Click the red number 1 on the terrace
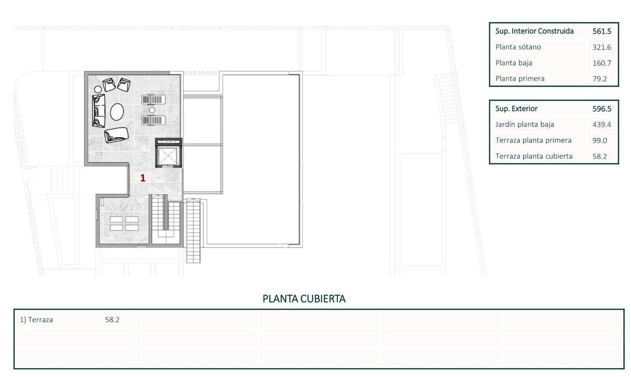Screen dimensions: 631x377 click(x=143, y=178)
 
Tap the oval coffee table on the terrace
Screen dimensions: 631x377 click(x=117, y=112)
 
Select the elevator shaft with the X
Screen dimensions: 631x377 click(x=168, y=156)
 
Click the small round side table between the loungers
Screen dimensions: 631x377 click(x=152, y=110)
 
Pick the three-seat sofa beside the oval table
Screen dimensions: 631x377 click(x=99, y=110)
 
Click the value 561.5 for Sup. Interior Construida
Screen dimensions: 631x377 click(x=602, y=31)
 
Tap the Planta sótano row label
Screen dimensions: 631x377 click(x=518, y=47)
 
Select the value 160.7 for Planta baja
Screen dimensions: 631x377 click(x=602, y=63)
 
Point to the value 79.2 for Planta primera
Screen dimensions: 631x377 click(x=599, y=79)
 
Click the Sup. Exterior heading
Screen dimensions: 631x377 click(x=516, y=109)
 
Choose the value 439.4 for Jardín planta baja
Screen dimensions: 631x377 click(x=602, y=124)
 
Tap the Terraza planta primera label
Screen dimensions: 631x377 click(x=534, y=141)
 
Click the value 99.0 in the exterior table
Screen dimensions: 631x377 click(x=599, y=141)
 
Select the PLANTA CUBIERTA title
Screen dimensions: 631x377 click(x=304, y=299)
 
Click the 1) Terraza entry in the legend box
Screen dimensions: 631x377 click(x=37, y=320)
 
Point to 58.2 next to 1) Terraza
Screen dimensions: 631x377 click(x=112, y=320)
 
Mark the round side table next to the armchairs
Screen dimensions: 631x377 click(x=98, y=90)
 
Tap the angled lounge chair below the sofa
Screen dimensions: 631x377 click(x=116, y=135)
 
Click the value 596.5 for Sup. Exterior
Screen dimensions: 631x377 click(x=602, y=109)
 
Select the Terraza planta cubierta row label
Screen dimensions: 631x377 click(x=534, y=156)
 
